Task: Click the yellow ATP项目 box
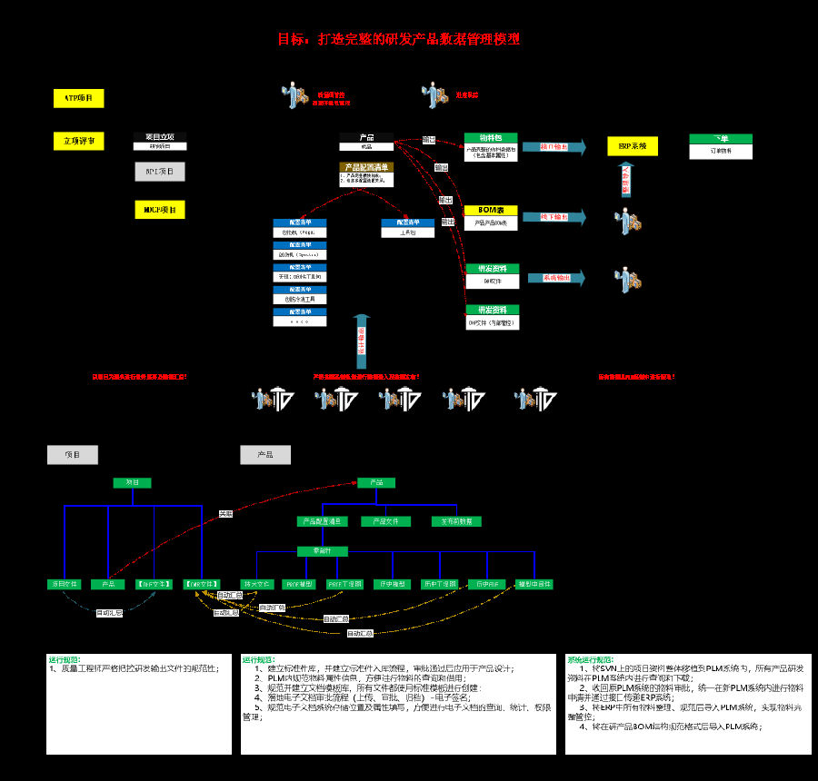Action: tap(79, 98)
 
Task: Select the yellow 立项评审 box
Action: tap(79, 141)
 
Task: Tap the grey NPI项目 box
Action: tap(160, 171)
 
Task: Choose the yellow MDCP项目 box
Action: tap(160, 210)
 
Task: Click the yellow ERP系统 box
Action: tap(633, 146)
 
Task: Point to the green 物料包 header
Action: tap(491, 138)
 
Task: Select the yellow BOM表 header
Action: tap(491, 210)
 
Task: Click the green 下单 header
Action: tap(721, 138)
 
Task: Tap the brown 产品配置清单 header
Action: tap(365, 167)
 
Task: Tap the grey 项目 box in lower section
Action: tap(72, 455)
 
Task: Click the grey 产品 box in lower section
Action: tap(265, 455)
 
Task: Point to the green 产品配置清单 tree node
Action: tap(322, 521)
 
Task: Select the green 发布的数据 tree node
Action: tap(456, 521)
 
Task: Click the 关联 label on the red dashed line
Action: tap(225, 514)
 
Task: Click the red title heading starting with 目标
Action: tap(399, 39)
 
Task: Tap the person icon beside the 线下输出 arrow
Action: tap(629, 221)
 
